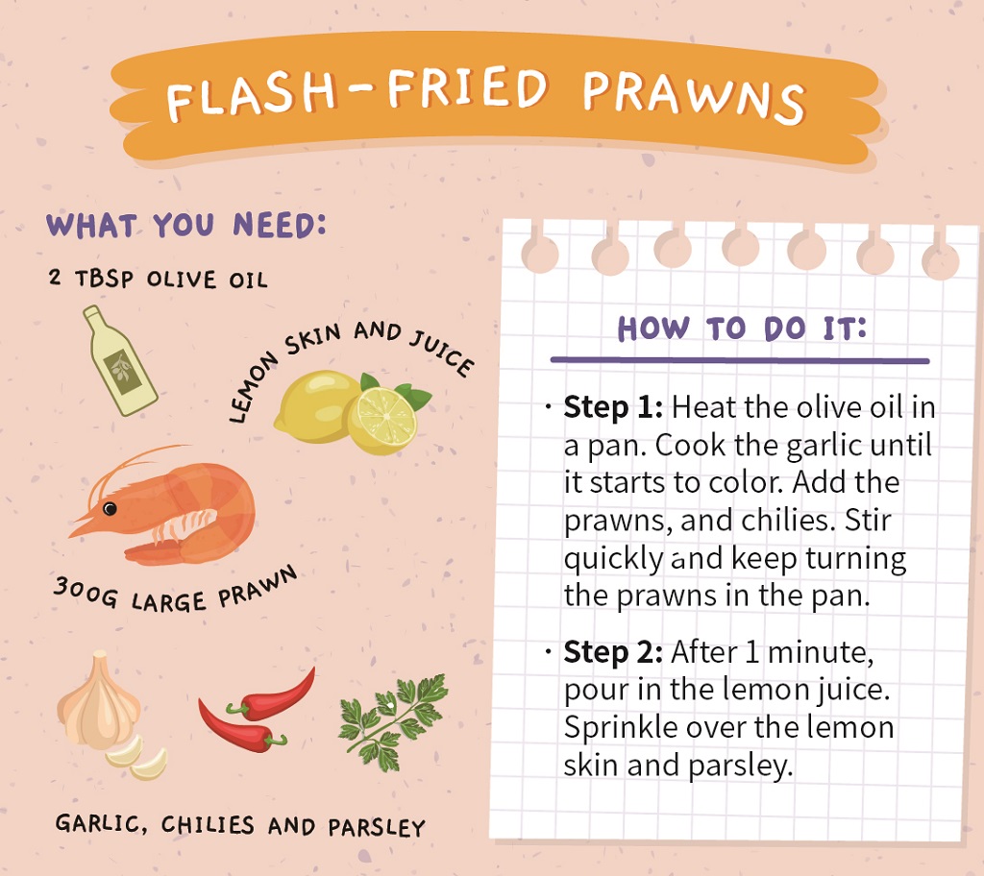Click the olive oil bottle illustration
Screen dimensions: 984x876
point(119,361)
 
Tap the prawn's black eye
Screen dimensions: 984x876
point(110,508)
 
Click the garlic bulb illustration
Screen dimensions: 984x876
point(99,699)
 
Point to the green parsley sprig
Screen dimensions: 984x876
point(394,721)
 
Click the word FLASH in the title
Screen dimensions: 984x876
point(251,96)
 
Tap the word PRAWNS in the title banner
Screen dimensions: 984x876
point(694,96)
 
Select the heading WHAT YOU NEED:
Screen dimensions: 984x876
point(186,225)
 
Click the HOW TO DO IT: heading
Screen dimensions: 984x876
point(742,328)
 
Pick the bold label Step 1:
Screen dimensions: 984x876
point(613,407)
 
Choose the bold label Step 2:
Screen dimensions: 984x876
point(613,652)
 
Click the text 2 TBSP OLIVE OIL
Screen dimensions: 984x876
point(159,279)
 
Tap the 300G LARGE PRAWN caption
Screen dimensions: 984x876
point(175,591)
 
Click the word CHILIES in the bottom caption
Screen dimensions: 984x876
point(208,824)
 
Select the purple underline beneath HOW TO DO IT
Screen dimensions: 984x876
point(740,360)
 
